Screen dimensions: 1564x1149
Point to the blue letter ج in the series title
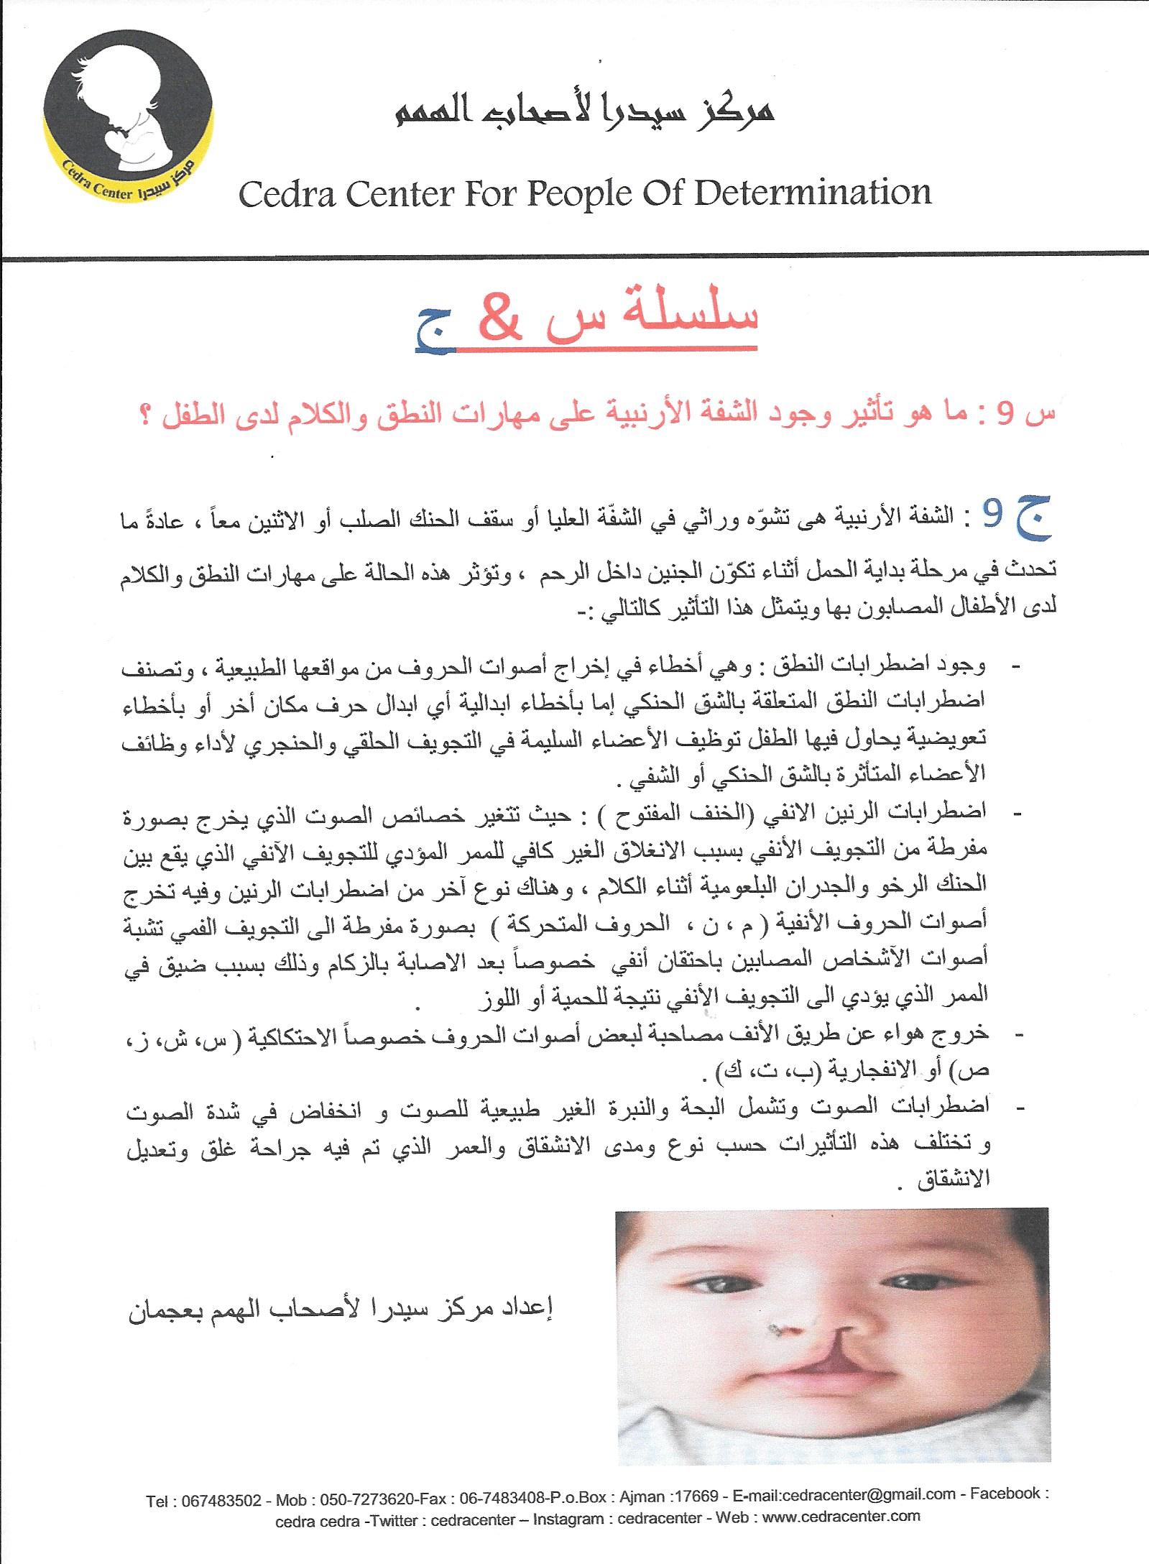pyautogui.click(x=435, y=332)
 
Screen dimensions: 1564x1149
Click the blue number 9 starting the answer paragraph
pyautogui.click(x=992, y=515)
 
